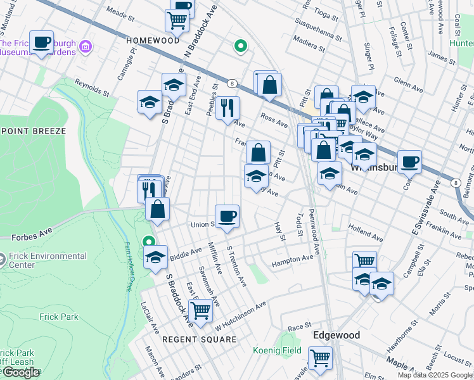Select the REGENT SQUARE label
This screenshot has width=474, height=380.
(x=199, y=339)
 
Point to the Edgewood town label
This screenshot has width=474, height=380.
(x=336, y=335)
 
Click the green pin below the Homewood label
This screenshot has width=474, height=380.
(x=240, y=46)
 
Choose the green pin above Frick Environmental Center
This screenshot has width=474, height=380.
(x=148, y=242)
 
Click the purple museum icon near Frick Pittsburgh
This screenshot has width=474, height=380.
(x=87, y=47)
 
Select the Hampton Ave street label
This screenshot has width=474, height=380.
(x=292, y=260)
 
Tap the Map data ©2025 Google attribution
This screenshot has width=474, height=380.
(x=435, y=375)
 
